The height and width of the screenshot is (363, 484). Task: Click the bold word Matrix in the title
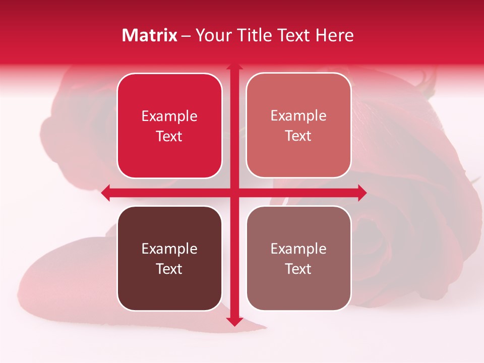[150, 35]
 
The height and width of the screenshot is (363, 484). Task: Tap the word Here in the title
[335, 35]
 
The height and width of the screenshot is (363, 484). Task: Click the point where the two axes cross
[233, 193]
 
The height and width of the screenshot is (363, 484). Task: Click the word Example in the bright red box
[169, 116]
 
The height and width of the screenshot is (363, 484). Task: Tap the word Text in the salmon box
[298, 136]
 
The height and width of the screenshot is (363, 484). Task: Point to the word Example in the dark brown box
[169, 249]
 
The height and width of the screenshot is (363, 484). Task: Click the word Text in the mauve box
[298, 269]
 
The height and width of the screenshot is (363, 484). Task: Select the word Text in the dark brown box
[169, 269]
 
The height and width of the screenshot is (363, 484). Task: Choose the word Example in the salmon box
[298, 116]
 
